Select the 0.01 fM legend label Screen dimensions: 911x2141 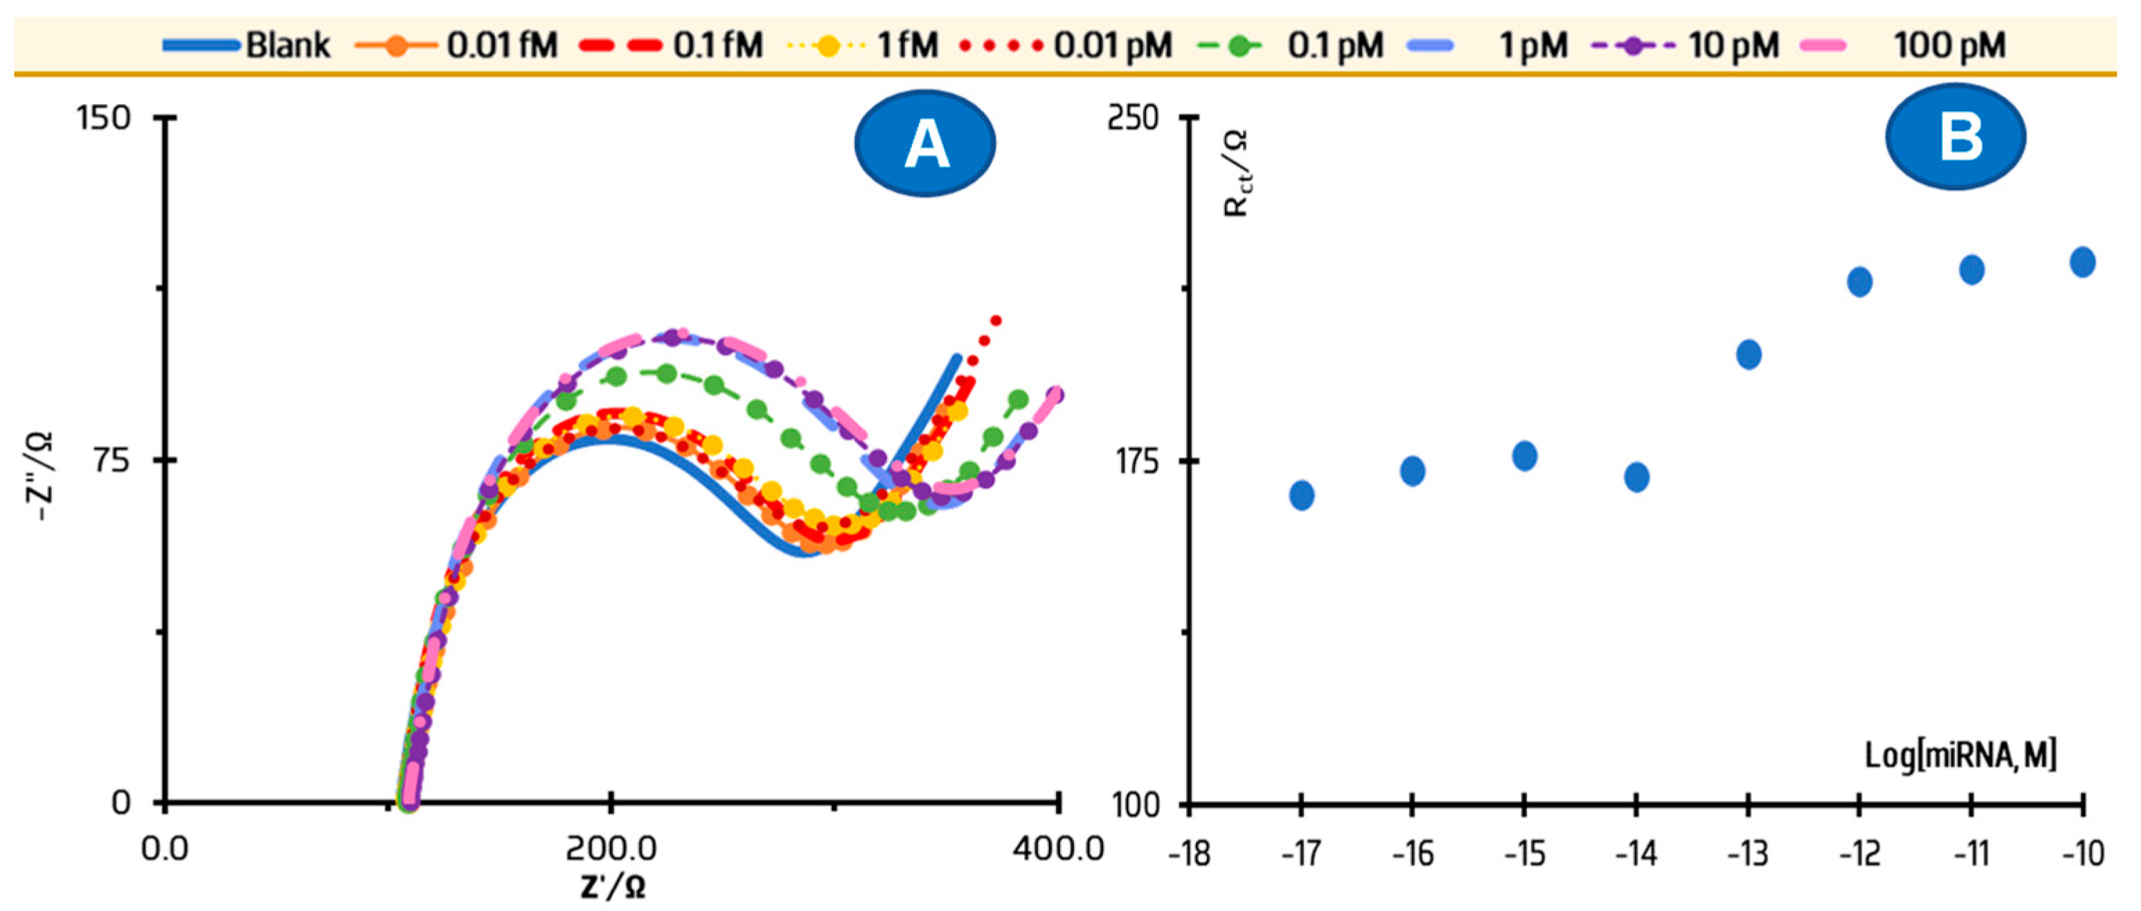[x=501, y=45]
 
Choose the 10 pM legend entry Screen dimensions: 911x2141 [x=1733, y=45]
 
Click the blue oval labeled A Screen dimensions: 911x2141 [x=925, y=143]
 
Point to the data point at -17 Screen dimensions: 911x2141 [x=1302, y=495]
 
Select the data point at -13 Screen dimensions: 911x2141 [x=1748, y=354]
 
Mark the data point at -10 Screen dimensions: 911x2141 [x=2082, y=262]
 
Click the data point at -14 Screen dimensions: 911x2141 [x=1636, y=477]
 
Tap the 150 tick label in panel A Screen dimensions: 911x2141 [x=104, y=118]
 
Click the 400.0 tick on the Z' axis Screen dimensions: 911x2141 [x=1058, y=849]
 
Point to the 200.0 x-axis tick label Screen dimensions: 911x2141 [x=611, y=849]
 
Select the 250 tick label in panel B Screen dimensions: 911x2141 [x=1133, y=118]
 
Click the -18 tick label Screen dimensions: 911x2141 [x=1190, y=853]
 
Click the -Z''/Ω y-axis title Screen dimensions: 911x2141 [x=41, y=475]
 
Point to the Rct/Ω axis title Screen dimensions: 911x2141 [x=1237, y=173]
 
